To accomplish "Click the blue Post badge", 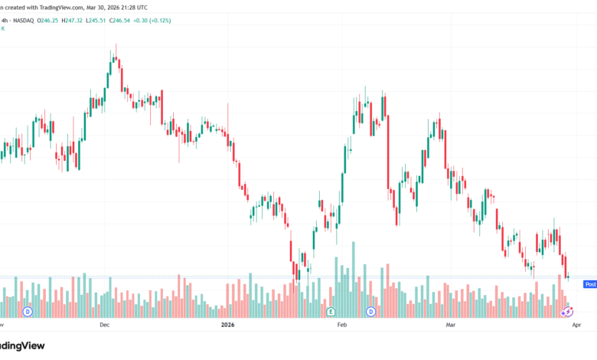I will [590, 283].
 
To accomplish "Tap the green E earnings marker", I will [331, 312].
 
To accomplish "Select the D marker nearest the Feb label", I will [370, 312].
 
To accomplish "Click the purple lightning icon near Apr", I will [567, 312].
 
